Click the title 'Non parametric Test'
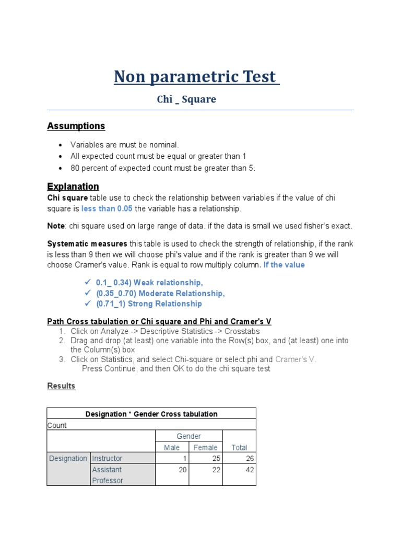[197, 77]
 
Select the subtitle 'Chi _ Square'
[186, 99]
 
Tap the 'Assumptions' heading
[76, 126]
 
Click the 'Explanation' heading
[73, 187]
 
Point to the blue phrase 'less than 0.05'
[107, 208]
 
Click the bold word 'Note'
[56, 226]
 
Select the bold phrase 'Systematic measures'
[87, 244]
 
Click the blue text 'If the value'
[284, 265]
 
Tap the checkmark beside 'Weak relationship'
[88, 282]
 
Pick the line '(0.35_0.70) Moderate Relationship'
[160, 293]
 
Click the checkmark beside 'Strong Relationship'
[88, 304]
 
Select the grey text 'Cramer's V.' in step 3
[296, 359]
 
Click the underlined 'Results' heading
[61, 386]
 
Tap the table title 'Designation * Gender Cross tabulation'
[151, 414]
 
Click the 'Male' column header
[172, 448]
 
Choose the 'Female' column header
[206, 448]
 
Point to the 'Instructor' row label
[107, 459]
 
